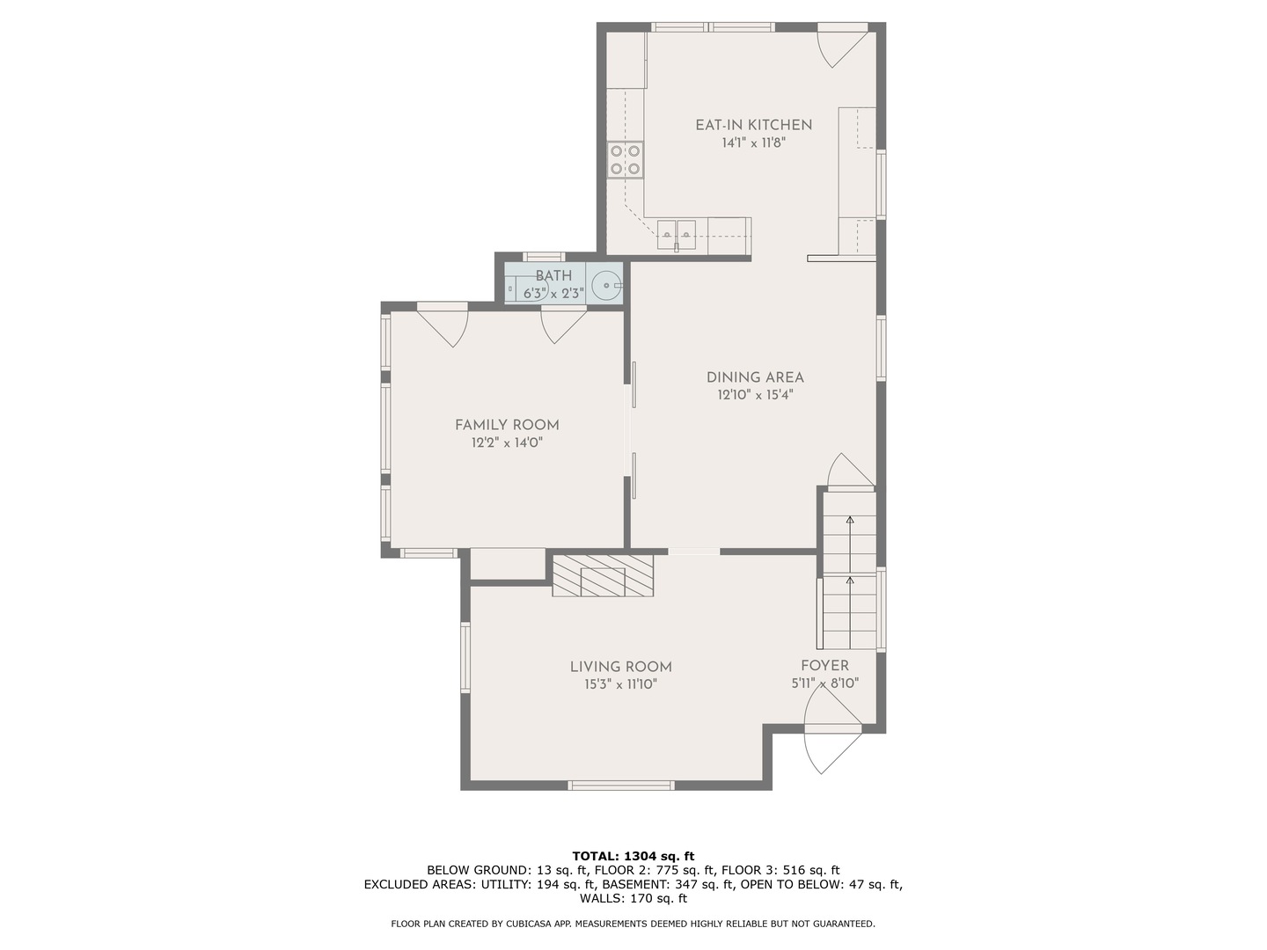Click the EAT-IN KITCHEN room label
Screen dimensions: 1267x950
tap(753, 125)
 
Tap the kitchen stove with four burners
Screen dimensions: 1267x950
tap(626, 160)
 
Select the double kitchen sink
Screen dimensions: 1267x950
tap(677, 234)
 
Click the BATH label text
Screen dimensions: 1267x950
tap(553, 275)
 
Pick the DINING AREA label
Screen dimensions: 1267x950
tap(755, 377)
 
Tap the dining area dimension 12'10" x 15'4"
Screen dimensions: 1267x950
tap(755, 395)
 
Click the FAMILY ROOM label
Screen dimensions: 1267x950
tap(507, 425)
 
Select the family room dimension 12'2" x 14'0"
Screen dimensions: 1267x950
tap(507, 443)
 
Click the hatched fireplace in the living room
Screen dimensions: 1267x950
tap(603, 575)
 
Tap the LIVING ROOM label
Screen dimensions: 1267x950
tap(621, 667)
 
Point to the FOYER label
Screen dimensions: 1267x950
tap(824, 666)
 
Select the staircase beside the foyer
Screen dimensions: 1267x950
tap(848, 571)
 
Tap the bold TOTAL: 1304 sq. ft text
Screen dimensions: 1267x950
tap(633, 856)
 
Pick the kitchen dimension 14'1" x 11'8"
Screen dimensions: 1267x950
tap(754, 142)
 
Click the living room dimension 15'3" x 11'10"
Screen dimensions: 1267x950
tap(620, 684)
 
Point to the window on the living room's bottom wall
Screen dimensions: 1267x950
tap(621, 785)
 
